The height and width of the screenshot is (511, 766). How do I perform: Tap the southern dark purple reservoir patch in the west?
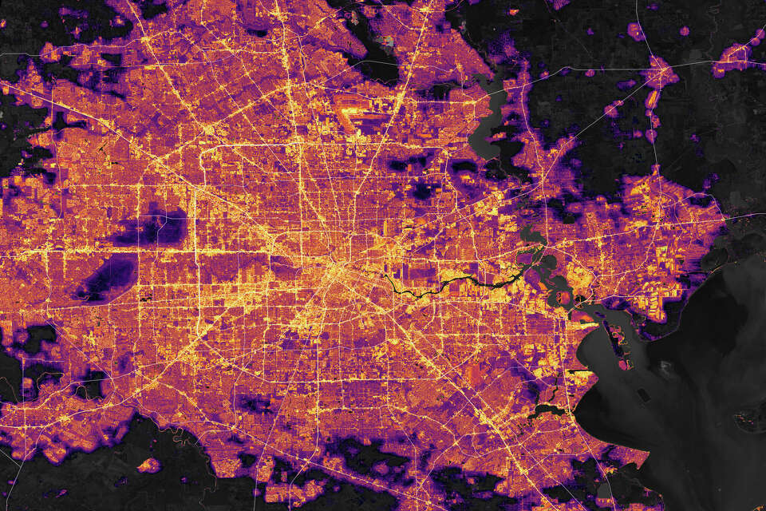tap(108, 279)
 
